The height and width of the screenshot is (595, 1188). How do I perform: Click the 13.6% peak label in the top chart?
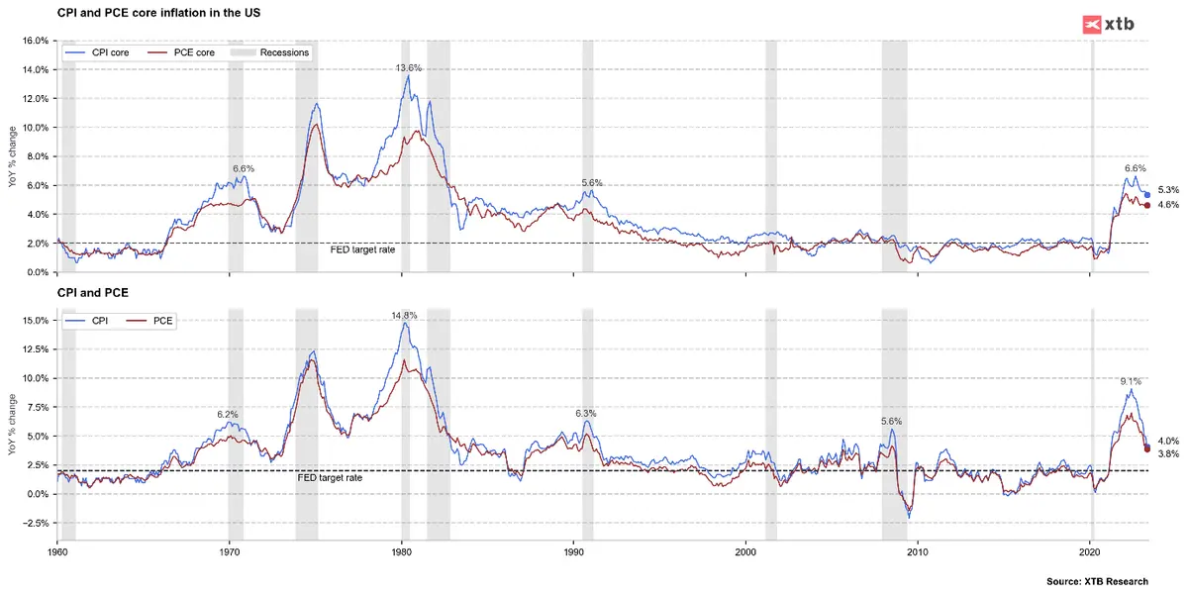[x=409, y=68]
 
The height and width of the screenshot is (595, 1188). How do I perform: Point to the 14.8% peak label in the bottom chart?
[x=404, y=316]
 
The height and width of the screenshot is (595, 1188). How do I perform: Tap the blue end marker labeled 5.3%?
[x=1146, y=195]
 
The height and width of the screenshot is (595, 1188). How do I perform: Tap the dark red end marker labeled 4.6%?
[x=1146, y=205]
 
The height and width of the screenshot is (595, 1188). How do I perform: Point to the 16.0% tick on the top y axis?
[x=35, y=41]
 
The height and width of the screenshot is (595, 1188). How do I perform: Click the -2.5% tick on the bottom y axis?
[x=33, y=523]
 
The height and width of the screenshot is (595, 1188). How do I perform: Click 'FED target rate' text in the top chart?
[x=362, y=250]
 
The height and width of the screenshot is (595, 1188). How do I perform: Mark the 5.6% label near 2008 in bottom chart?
[x=892, y=422]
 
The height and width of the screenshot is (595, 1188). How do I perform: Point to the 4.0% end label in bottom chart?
[x=1167, y=442]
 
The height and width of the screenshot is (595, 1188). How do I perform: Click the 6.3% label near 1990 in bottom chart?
[x=587, y=414]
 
